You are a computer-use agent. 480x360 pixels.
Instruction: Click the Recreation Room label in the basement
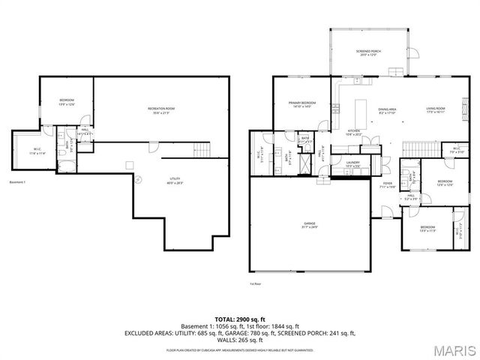point(161,111)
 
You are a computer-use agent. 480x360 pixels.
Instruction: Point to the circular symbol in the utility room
point(137,179)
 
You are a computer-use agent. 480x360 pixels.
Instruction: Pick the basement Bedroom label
point(67,103)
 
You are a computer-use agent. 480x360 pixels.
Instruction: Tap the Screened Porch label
point(368,53)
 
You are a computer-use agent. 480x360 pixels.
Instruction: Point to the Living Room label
point(436,111)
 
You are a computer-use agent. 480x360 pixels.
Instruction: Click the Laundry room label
point(352,164)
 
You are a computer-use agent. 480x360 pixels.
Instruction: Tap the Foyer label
point(387,184)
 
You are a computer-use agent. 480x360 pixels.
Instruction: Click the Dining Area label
point(386,111)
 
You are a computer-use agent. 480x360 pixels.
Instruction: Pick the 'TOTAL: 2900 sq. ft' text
point(240,318)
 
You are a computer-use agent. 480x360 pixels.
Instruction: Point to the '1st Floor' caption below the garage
point(255,284)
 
